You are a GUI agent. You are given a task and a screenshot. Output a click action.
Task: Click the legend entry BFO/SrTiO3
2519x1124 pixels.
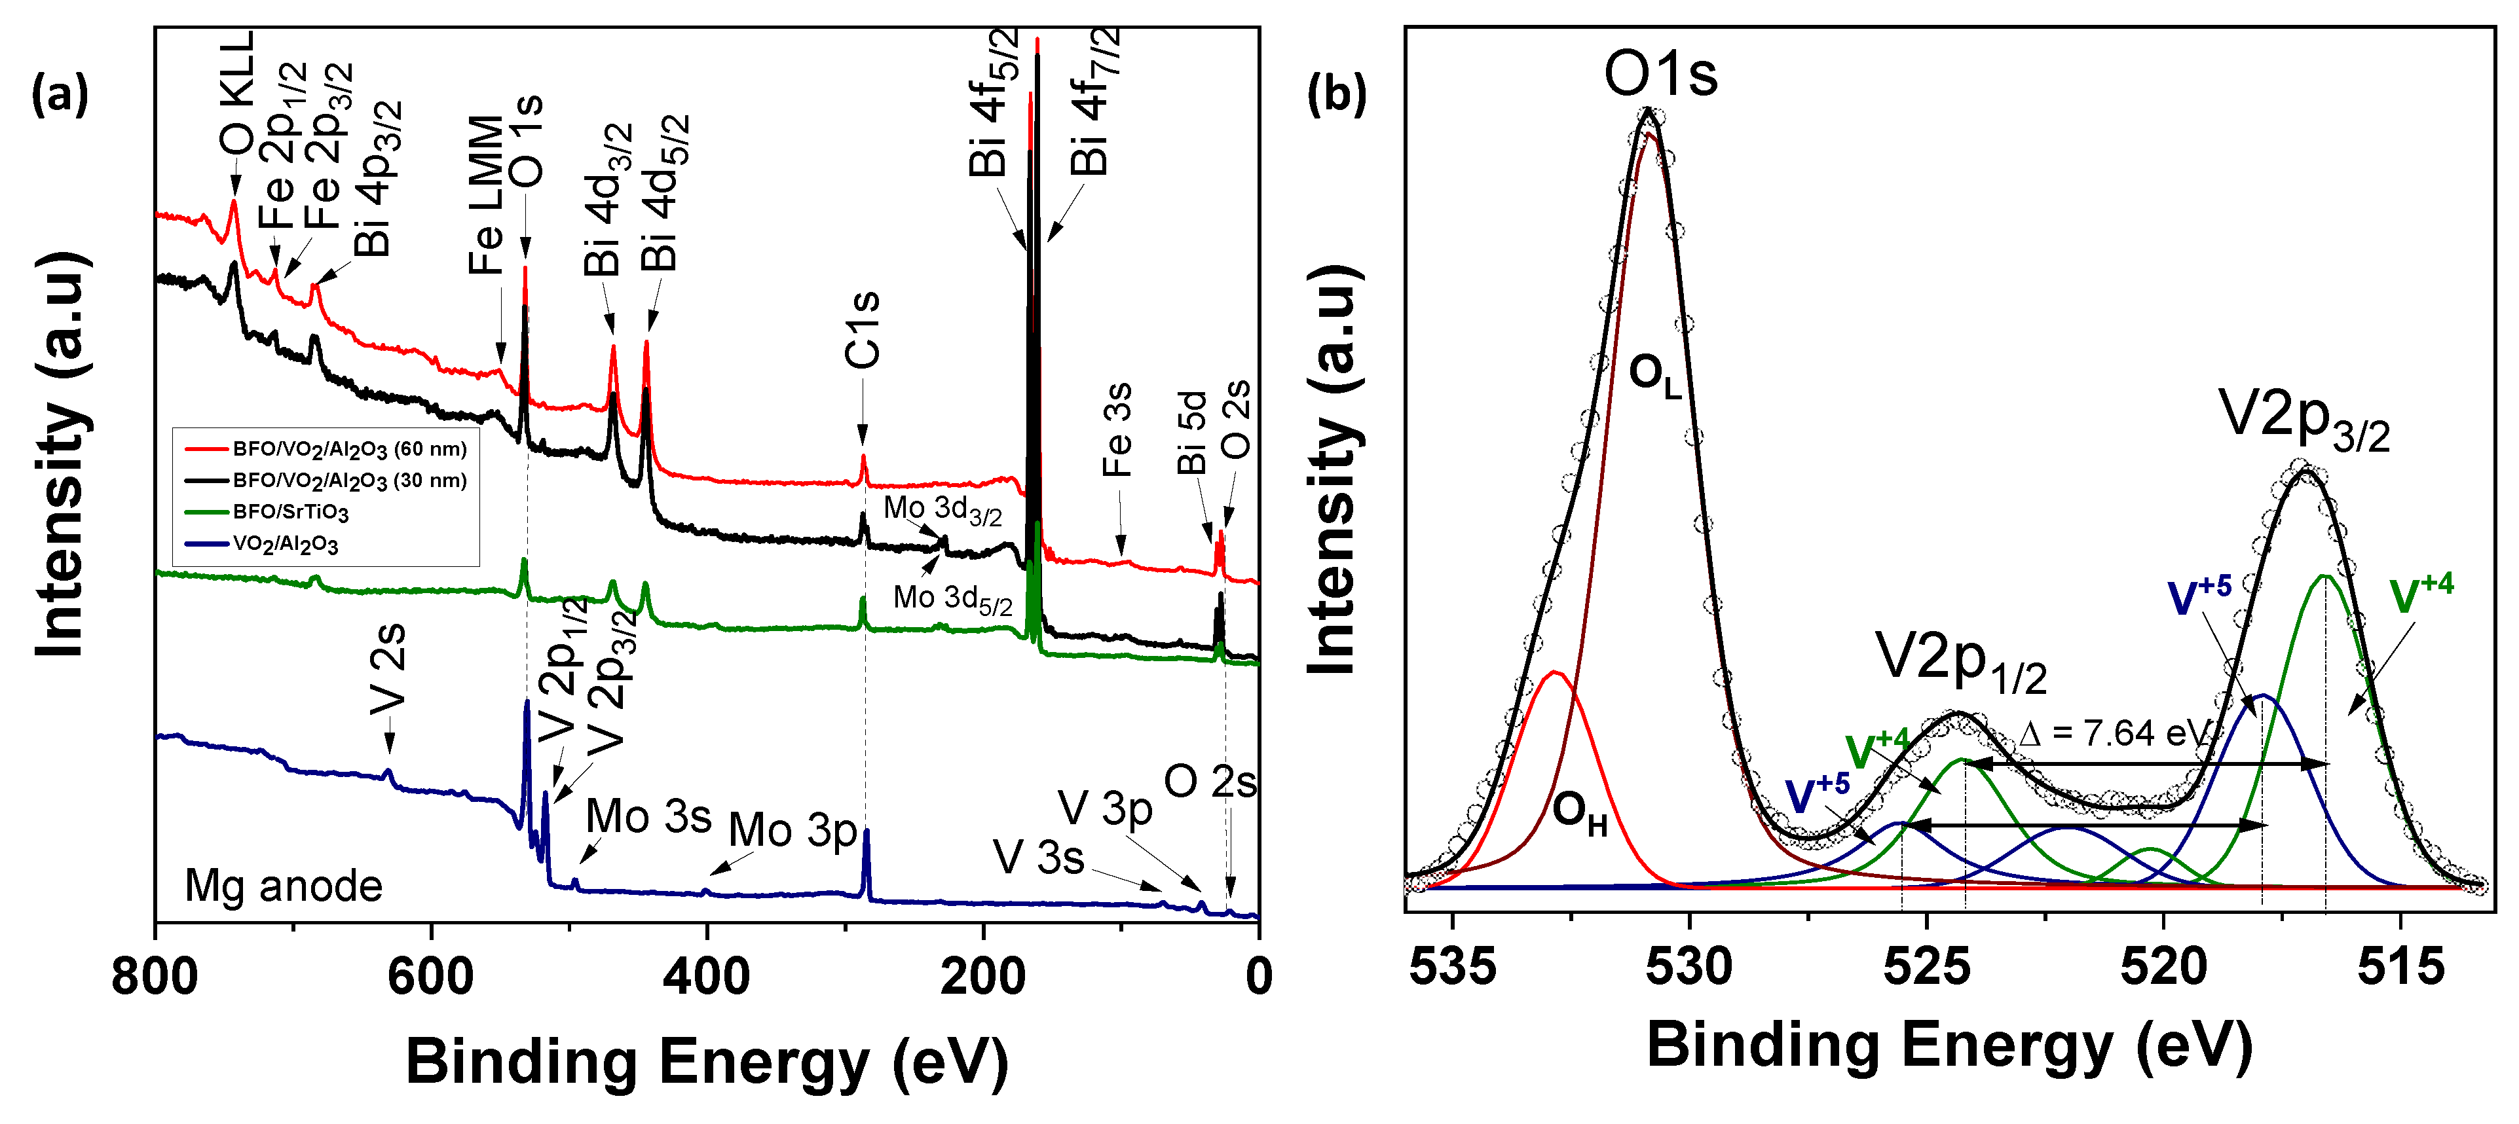(x=289, y=512)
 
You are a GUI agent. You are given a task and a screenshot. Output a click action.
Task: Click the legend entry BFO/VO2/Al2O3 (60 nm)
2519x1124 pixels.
(x=349, y=450)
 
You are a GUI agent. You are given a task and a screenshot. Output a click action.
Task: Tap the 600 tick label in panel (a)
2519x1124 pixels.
(x=430, y=977)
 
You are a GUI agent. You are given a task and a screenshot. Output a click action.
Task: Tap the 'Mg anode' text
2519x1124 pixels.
(x=284, y=886)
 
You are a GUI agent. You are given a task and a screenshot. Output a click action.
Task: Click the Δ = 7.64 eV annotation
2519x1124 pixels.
(x=2112, y=733)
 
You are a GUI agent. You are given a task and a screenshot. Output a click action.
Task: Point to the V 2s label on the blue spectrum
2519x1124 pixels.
(x=388, y=670)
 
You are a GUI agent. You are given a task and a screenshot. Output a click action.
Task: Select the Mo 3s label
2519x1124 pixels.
(x=648, y=816)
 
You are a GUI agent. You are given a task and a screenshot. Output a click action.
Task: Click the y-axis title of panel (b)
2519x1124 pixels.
(x=1333, y=469)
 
